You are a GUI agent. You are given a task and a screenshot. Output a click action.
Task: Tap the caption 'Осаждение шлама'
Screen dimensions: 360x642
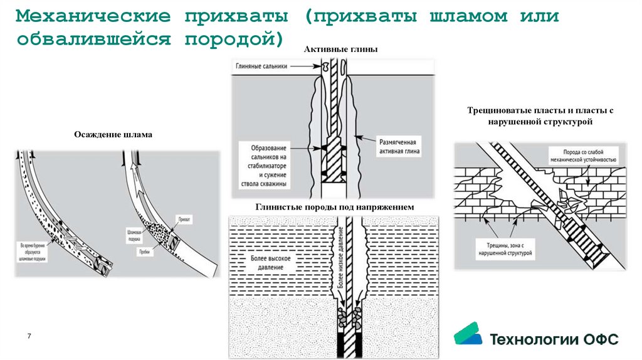[x=113, y=134]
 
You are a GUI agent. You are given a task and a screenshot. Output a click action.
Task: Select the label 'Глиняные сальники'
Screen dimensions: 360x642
[x=261, y=66]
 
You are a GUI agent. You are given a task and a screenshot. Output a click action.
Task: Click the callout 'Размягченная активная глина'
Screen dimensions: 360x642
[x=399, y=147]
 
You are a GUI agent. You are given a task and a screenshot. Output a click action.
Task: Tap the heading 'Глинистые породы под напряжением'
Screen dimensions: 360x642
[x=335, y=207]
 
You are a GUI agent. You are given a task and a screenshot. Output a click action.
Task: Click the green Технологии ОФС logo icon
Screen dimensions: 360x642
[x=468, y=335]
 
